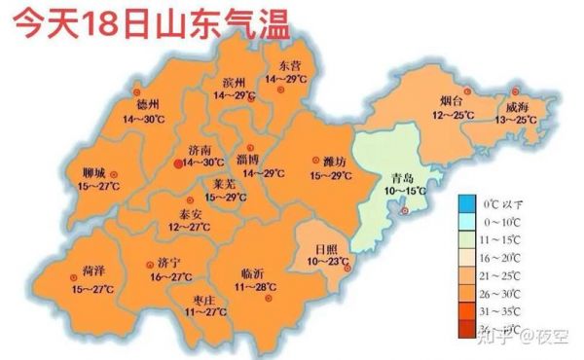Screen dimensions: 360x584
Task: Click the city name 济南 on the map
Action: (x=201, y=150)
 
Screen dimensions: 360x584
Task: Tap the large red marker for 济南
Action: (x=177, y=164)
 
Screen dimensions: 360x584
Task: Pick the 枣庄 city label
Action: (x=204, y=300)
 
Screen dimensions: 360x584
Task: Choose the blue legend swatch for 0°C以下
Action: (x=469, y=204)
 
